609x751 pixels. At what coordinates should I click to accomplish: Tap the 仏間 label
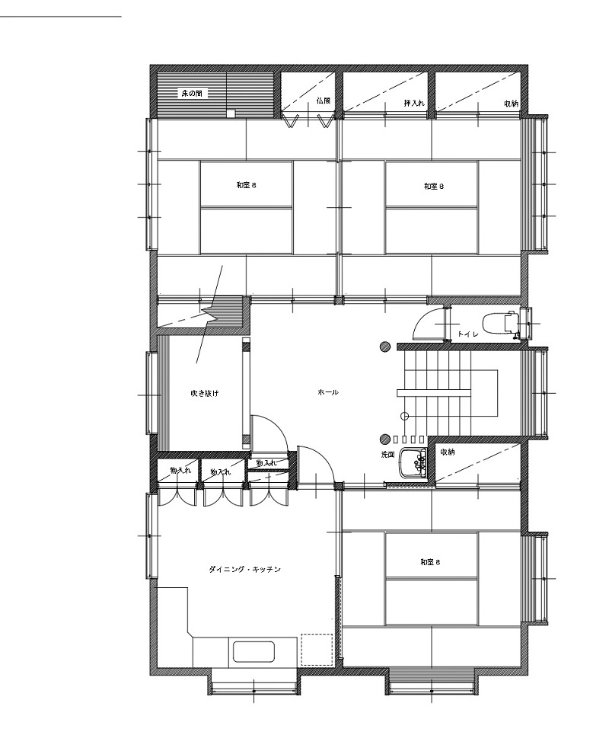[x=324, y=101]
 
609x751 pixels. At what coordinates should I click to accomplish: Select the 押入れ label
[x=413, y=103]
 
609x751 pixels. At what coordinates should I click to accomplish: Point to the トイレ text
[x=467, y=334]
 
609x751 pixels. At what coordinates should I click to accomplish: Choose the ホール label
[x=328, y=392]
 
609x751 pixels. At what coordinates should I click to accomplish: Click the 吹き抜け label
[x=205, y=394]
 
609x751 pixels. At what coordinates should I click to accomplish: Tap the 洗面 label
[x=387, y=455]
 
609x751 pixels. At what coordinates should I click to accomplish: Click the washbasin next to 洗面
[x=413, y=463]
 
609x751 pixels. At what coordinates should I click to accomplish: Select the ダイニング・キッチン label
[x=244, y=570]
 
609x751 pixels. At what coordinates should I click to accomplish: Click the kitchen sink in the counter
[x=253, y=652]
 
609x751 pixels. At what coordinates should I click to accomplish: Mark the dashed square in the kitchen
[x=317, y=650]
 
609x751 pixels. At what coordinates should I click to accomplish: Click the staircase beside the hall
[x=448, y=392]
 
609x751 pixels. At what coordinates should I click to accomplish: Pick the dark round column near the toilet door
[x=385, y=347]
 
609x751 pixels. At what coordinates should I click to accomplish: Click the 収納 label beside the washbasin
[x=447, y=452]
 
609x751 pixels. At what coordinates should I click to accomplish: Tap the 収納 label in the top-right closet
[x=511, y=103]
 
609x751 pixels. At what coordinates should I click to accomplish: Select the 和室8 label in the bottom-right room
[x=430, y=562]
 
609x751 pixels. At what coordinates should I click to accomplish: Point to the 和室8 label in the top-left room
[x=246, y=185]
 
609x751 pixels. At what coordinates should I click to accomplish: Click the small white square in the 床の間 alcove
[x=231, y=113]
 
